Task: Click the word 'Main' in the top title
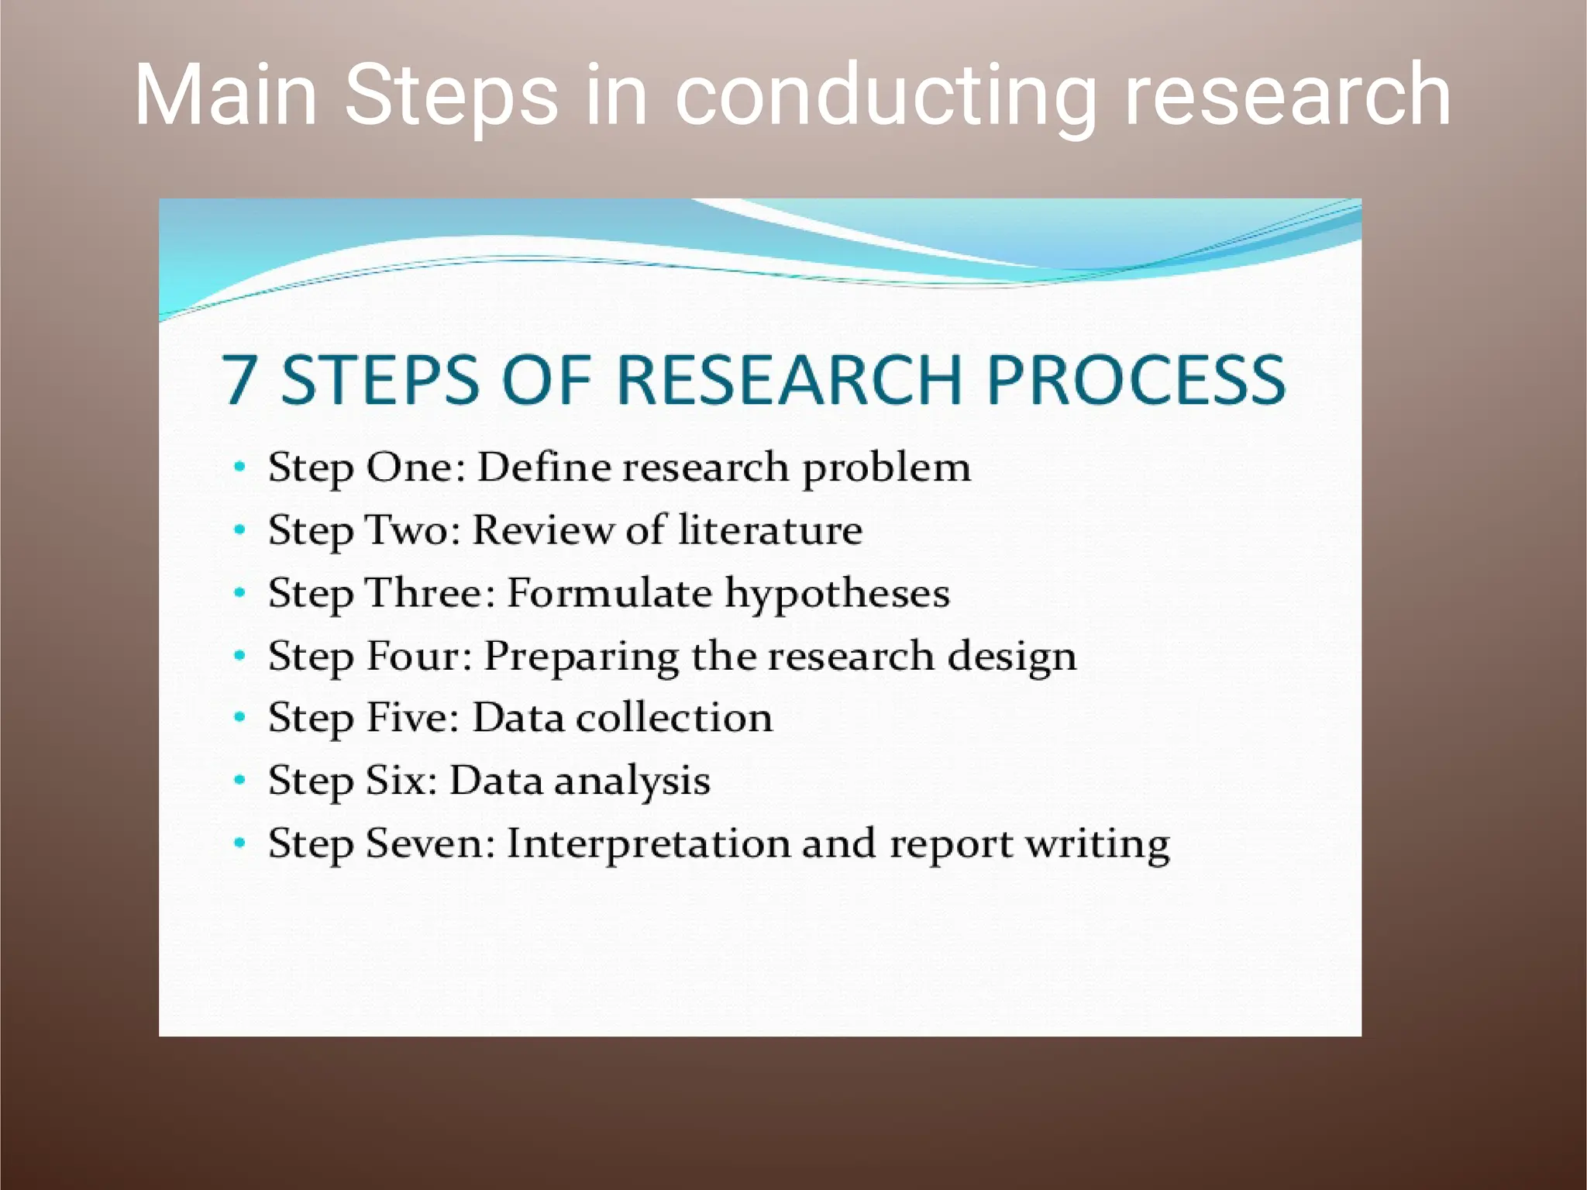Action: pyautogui.click(x=225, y=95)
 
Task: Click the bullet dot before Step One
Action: pyautogui.click(x=240, y=467)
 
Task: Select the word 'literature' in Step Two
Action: pyautogui.click(x=770, y=530)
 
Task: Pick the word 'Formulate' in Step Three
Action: pyautogui.click(x=608, y=593)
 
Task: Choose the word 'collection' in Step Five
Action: pyautogui.click(x=674, y=718)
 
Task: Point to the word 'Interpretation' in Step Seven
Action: pyautogui.click(x=647, y=844)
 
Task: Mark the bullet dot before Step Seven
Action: pyautogui.click(x=240, y=843)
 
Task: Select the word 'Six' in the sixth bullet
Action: pyautogui.click(x=395, y=780)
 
